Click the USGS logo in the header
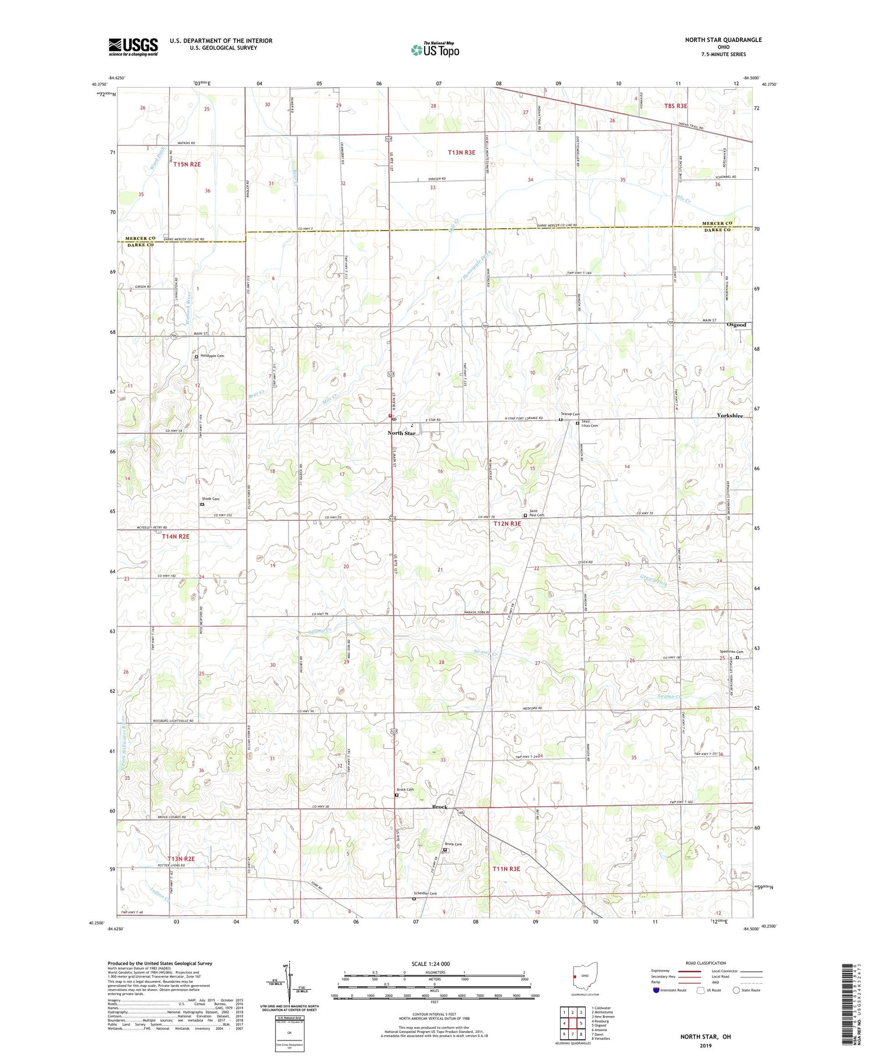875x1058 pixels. point(133,47)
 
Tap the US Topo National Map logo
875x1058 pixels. point(435,50)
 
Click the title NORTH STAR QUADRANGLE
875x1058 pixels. point(723,40)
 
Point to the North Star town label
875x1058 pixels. point(402,433)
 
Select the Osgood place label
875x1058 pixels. point(736,324)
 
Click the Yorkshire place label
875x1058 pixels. point(730,415)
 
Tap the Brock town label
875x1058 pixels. point(439,806)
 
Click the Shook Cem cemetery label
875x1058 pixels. point(211,498)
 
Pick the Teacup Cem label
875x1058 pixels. point(570,414)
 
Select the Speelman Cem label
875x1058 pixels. point(731,652)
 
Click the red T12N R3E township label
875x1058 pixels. point(507,523)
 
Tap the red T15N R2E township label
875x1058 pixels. point(187,165)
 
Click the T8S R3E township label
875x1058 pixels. point(675,106)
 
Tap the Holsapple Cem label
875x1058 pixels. point(212,355)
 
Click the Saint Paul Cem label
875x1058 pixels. point(537,512)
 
